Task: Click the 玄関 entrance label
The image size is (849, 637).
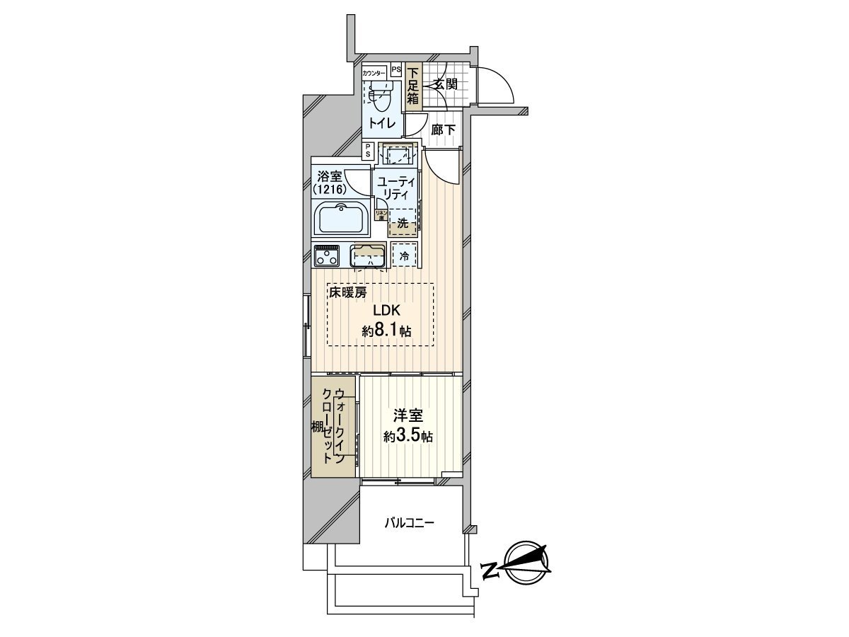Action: pyautogui.click(x=445, y=84)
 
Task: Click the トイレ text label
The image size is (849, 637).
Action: pyautogui.click(x=380, y=123)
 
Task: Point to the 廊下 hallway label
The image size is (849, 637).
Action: pyautogui.click(x=443, y=130)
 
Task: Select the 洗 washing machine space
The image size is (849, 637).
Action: pyautogui.click(x=403, y=223)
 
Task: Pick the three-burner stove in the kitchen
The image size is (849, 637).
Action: pyautogui.click(x=328, y=255)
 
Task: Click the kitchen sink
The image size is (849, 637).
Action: pyautogui.click(x=368, y=256)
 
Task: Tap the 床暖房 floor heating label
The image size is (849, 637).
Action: pyautogui.click(x=347, y=292)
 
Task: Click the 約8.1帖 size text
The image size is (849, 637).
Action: pyautogui.click(x=387, y=330)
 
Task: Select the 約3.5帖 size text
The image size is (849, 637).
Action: pyautogui.click(x=408, y=437)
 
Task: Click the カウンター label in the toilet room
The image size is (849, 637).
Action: pyautogui.click(x=374, y=74)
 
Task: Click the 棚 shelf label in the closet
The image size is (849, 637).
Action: pyautogui.click(x=317, y=427)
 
